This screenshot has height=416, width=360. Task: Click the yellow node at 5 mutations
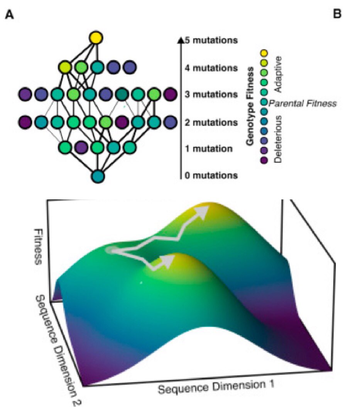tap(96, 38)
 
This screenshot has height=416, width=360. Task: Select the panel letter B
tap(337, 14)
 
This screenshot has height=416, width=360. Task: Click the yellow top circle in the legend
tap(265, 53)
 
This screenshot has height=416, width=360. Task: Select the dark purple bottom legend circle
tap(265, 159)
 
